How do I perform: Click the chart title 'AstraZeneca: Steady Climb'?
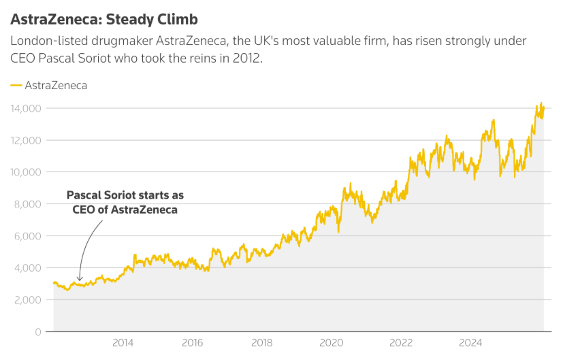pyautogui.click(x=104, y=18)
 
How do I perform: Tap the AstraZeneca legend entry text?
pyautogui.click(x=56, y=86)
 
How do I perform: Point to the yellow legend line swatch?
pyautogui.click(x=16, y=86)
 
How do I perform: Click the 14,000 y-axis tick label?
pyautogui.click(x=26, y=108)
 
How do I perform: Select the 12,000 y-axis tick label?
pyautogui.click(x=26, y=140)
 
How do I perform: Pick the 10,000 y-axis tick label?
pyautogui.click(x=26, y=172)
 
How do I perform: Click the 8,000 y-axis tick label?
pyautogui.click(x=29, y=204)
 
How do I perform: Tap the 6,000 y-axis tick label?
pyautogui.click(x=29, y=236)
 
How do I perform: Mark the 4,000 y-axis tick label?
pyautogui.click(x=29, y=268)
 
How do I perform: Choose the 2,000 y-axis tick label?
pyautogui.click(x=29, y=300)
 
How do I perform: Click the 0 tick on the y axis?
pyautogui.click(x=38, y=331)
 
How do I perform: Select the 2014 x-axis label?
pyautogui.click(x=123, y=343)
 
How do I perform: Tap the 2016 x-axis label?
pyautogui.click(x=193, y=343)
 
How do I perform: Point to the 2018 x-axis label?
pyautogui.click(x=262, y=343)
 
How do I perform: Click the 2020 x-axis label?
pyautogui.click(x=332, y=343)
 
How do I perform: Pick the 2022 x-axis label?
pyautogui.click(x=401, y=343)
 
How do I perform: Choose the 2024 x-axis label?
pyautogui.click(x=470, y=343)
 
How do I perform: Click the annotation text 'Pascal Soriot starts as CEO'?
pyautogui.click(x=125, y=202)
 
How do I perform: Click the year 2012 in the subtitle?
pyautogui.click(x=247, y=58)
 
